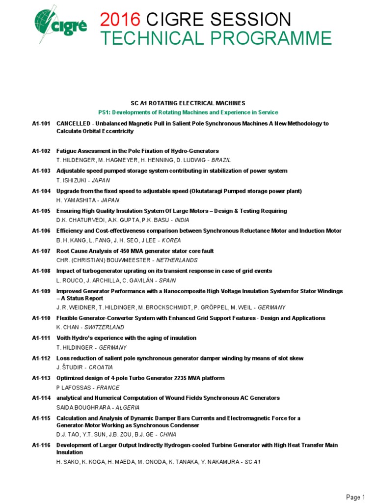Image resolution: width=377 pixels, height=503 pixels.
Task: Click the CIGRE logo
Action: pyautogui.click(x=58, y=27)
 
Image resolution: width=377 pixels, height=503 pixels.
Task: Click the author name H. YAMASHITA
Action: pyautogui.click(x=75, y=200)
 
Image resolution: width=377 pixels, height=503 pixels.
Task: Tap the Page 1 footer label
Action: pyautogui.click(x=356, y=497)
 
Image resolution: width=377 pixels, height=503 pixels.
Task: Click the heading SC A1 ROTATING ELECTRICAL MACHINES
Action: pyautogui.click(x=188, y=103)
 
